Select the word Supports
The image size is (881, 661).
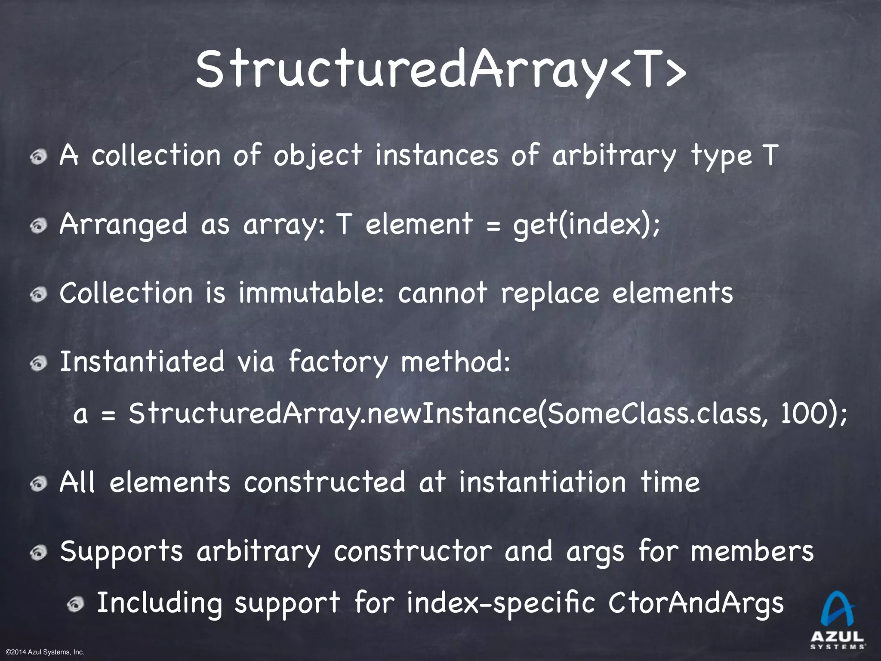coord(122,552)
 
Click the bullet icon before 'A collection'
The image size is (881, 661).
coord(39,157)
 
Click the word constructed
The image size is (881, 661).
coord(325,482)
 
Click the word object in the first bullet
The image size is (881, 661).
coord(317,156)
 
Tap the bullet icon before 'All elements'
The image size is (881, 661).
coord(39,484)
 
